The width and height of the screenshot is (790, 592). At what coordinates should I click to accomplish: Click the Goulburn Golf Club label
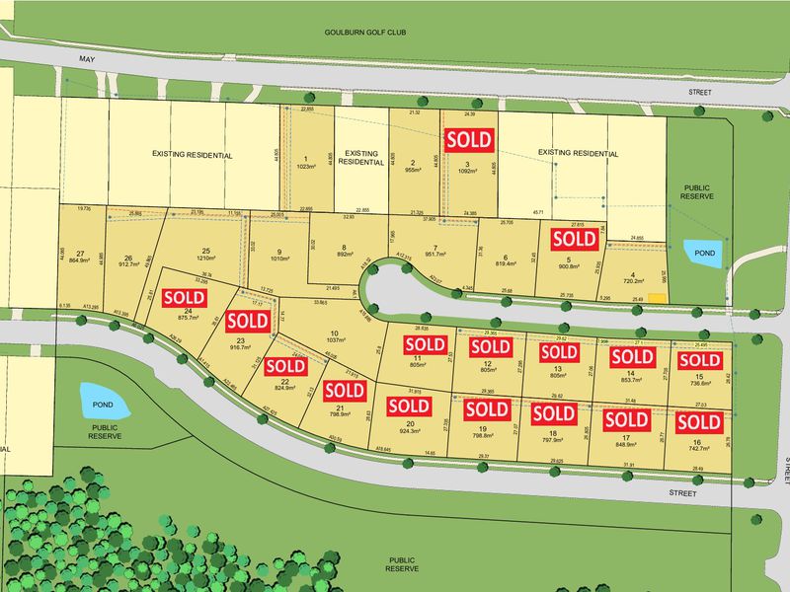[x=365, y=33]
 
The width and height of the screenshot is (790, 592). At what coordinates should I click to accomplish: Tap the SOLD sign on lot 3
[x=469, y=139]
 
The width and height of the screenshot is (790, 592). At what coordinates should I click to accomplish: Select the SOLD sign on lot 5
[x=575, y=239]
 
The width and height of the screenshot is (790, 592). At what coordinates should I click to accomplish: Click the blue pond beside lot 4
[x=702, y=254]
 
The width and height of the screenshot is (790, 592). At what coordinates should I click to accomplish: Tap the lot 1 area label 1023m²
[x=306, y=167]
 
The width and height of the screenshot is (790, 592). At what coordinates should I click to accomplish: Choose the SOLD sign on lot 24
[x=185, y=297]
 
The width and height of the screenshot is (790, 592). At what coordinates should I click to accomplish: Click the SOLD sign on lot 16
[x=698, y=422]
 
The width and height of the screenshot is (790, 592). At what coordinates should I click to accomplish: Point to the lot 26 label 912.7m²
[x=129, y=263]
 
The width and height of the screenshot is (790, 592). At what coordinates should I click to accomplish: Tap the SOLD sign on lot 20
[x=409, y=406]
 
